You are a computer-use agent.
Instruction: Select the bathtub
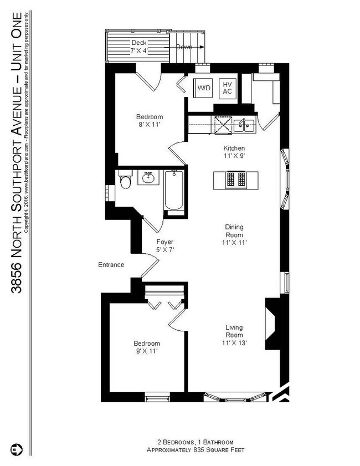(x=173, y=192)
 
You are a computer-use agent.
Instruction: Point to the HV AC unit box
(x=227, y=88)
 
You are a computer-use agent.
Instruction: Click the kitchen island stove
(x=236, y=180)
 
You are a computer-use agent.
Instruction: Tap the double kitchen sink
(x=244, y=125)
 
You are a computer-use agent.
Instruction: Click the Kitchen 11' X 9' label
(x=234, y=152)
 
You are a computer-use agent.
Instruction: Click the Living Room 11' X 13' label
(x=234, y=335)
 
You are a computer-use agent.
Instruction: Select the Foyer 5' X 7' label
(x=164, y=246)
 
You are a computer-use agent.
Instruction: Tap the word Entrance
(x=111, y=265)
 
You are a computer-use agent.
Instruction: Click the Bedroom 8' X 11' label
(x=150, y=121)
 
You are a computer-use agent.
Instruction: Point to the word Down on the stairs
(x=184, y=47)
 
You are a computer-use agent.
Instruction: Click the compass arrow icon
(x=15, y=448)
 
